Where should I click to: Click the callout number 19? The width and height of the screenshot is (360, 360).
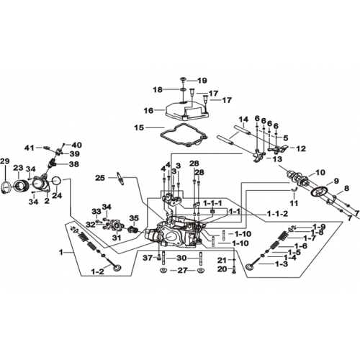click(x=202, y=81)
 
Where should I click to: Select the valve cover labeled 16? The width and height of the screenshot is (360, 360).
click(x=186, y=110)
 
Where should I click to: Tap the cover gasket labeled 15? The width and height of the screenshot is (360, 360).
click(x=184, y=135)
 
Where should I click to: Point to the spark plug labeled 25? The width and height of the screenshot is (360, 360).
click(x=120, y=178)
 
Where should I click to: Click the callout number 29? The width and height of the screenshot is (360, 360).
click(x=5, y=161)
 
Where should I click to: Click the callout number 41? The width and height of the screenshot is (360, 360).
click(x=29, y=148)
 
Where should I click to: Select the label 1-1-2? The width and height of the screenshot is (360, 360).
click(x=277, y=214)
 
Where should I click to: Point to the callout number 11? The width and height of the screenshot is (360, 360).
click(x=294, y=203)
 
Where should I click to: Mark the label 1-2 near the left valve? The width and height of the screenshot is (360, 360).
click(x=97, y=271)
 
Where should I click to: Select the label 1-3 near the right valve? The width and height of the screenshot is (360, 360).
click(x=282, y=264)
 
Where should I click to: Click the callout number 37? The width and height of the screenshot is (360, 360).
click(x=148, y=258)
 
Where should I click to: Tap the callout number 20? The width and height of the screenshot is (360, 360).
click(x=222, y=269)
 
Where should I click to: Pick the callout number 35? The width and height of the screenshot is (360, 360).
click(x=134, y=218)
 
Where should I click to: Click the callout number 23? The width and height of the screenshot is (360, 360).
click(x=18, y=168)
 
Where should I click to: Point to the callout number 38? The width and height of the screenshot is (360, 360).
click(x=74, y=164)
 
